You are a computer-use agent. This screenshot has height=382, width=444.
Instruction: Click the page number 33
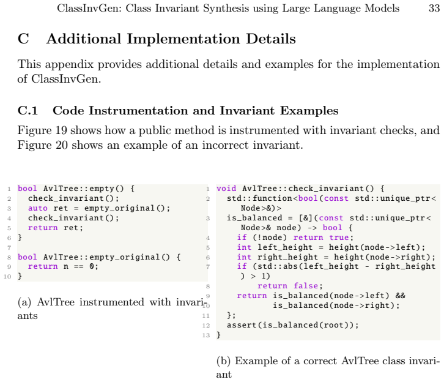[x=434, y=8]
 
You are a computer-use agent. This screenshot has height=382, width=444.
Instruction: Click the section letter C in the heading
[x=23, y=39]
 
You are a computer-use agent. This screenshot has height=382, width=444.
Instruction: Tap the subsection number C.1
[x=28, y=111]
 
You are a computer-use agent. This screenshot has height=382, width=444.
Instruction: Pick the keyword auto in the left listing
[x=38, y=208]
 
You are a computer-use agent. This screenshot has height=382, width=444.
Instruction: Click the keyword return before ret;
[x=43, y=228]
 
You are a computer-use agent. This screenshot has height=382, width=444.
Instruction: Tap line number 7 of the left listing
[x=9, y=248]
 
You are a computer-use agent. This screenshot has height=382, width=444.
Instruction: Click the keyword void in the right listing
[x=226, y=189]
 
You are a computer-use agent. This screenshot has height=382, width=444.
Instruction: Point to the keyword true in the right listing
[x=339, y=238]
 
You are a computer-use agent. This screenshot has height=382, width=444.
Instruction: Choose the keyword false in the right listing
[x=306, y=286]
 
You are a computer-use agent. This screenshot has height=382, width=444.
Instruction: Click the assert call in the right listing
[x=293, y=325]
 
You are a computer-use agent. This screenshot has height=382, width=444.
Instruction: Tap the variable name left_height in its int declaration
[x=285, y=247]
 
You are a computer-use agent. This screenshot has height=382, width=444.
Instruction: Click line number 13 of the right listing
[x=206, y=335]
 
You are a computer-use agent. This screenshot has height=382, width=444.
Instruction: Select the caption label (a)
[x=24, y=302]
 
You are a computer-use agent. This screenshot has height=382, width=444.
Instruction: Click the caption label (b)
[x=224, y=361]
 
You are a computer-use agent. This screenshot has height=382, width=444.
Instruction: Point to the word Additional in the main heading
[x=84, y=39]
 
